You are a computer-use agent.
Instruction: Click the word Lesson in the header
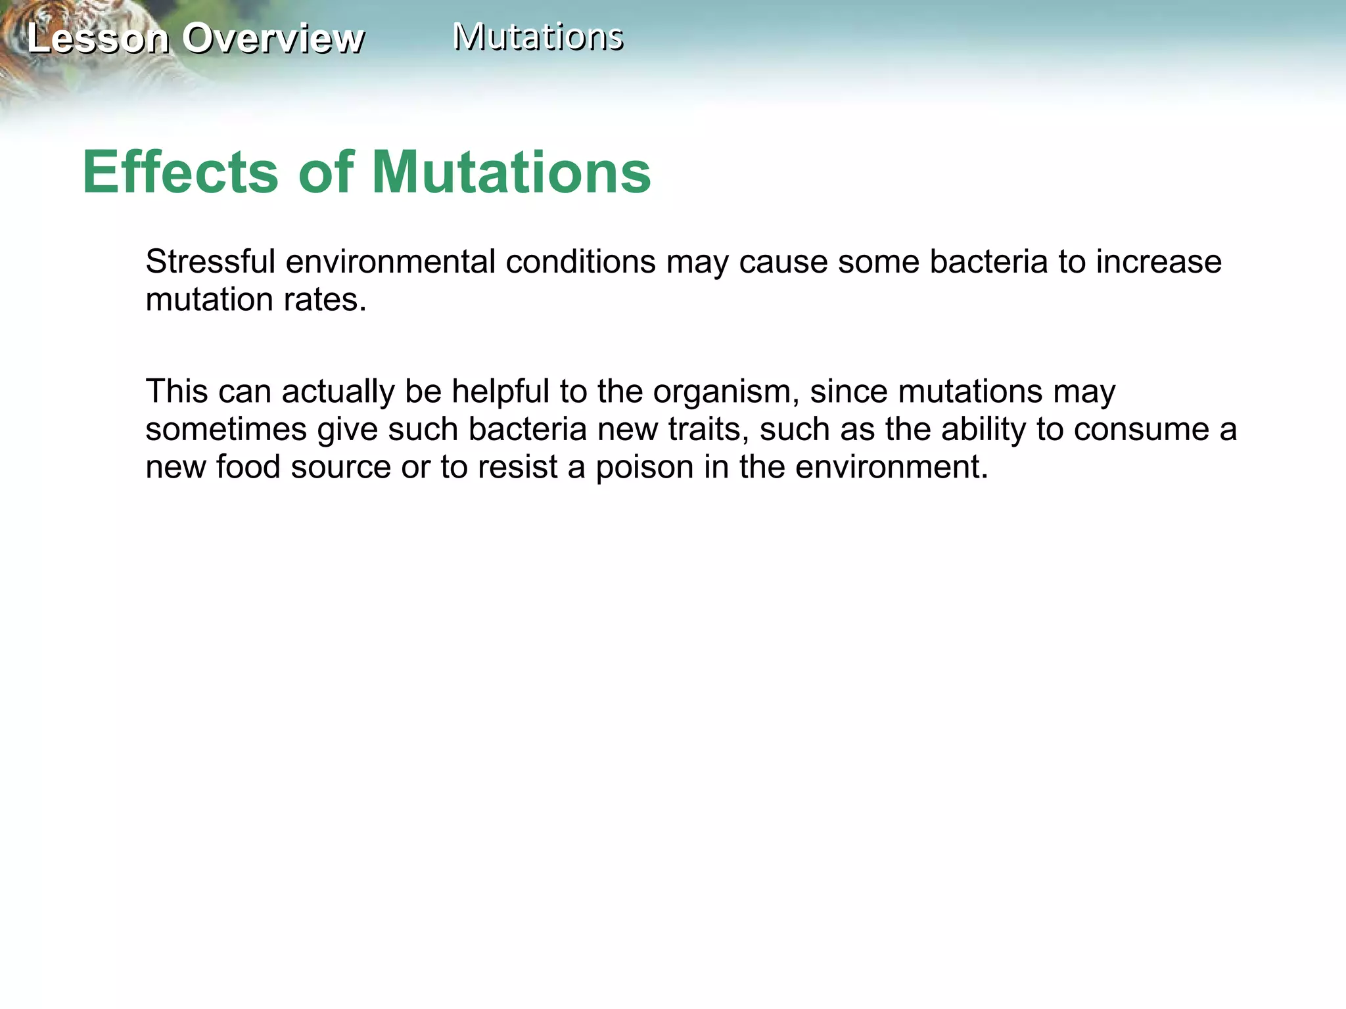click(x=98, y=38)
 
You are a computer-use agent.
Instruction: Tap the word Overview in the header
click(x=273, y=38)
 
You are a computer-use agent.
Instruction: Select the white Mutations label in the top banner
click(x=538, y=37)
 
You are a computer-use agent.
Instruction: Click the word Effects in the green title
click(x=181, y=172)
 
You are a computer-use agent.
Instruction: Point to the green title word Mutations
click(x=511, y=172)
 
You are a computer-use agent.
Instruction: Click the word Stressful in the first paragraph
click(x=210, y=261)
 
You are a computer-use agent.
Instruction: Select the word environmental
click(x=390, y=261)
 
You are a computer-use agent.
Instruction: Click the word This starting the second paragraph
click(x=176, y=392)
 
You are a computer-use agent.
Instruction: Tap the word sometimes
click(x=226, y=430)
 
